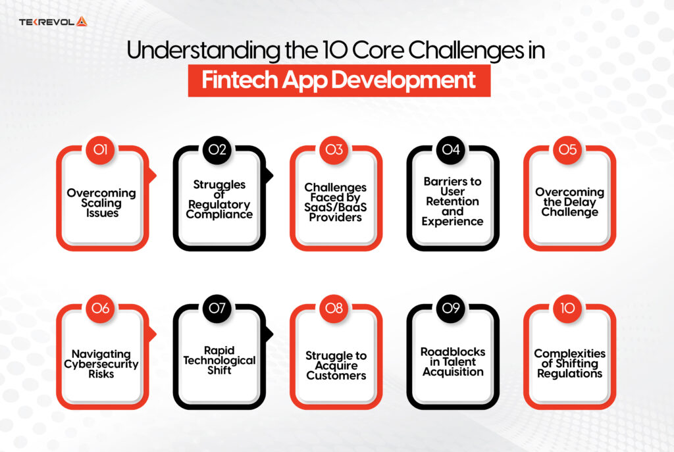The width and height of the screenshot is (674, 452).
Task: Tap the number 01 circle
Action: point(101,150)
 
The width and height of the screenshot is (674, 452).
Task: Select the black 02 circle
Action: point(218,150)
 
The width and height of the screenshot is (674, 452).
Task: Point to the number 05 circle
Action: point(567,150)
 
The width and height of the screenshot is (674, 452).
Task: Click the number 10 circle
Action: point(567,309)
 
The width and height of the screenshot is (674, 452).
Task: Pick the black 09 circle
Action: point(451,309)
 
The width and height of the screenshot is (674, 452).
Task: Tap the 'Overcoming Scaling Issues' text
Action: point(101,203)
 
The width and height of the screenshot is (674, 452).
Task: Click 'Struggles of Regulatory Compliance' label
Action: point(219,199)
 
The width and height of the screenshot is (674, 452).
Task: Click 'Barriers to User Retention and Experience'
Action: point(452,201)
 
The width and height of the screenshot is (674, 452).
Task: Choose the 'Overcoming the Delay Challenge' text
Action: point(569,203)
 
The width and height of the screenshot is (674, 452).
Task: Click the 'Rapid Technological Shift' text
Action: point(219,360)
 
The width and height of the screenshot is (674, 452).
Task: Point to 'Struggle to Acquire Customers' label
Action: point(336,366)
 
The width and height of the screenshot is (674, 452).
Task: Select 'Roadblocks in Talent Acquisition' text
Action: point(452,361)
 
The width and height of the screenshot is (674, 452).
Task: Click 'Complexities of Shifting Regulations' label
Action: point(569,364)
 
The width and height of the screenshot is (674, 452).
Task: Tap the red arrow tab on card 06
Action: point(153,334)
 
